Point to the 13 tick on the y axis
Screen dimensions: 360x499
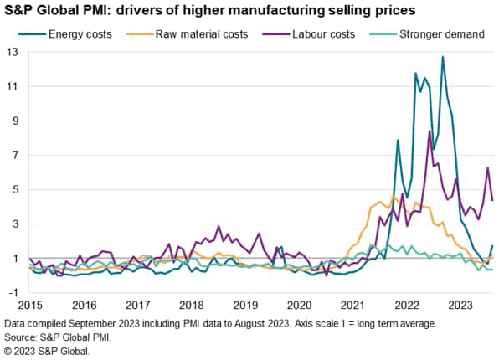13,52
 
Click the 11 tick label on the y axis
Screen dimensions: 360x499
13,86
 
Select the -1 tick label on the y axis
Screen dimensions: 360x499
13,293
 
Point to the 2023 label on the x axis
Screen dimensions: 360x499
458,306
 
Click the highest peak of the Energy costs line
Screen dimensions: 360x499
443,57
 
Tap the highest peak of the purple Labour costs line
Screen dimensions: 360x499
430,131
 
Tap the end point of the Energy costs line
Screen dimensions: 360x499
492,246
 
